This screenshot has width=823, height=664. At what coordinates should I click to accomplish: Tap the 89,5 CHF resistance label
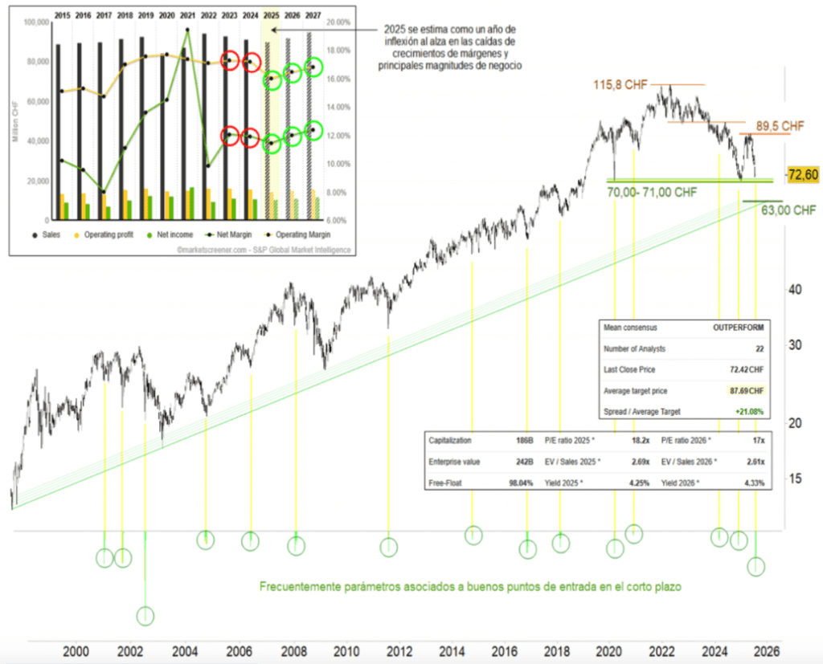tap(780, 126)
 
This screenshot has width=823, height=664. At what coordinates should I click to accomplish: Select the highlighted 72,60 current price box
tap(803, 174)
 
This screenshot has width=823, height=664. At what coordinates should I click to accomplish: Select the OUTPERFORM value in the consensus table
tap(738, 328)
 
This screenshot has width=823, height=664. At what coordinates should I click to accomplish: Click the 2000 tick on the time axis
tap(76, 651)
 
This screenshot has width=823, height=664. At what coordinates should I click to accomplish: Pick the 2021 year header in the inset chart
tap(187, 14)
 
